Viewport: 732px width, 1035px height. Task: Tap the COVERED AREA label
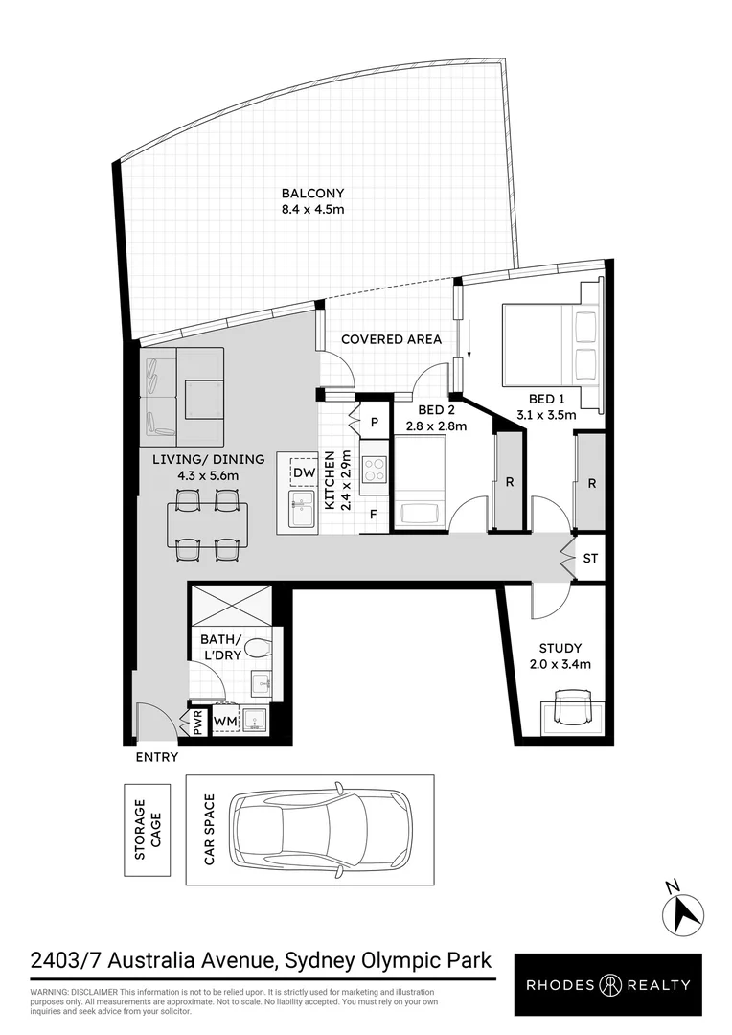click(x=391, y=339)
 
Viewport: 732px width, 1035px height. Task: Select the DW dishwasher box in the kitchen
click(x=304, y=473)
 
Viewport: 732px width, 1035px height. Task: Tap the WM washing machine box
click(x=226, y=721)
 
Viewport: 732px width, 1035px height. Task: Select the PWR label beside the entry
click(x=198, y=721)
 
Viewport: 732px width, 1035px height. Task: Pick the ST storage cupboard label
click(x=590, y=558)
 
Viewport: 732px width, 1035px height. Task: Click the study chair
click(x=569, y=713)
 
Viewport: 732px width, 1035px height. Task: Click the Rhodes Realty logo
click(x=606, y=984)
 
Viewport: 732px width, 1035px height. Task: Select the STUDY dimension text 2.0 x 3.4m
click(x=560, y=664)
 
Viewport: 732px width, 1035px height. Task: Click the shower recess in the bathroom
click(x=231, y=604)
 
